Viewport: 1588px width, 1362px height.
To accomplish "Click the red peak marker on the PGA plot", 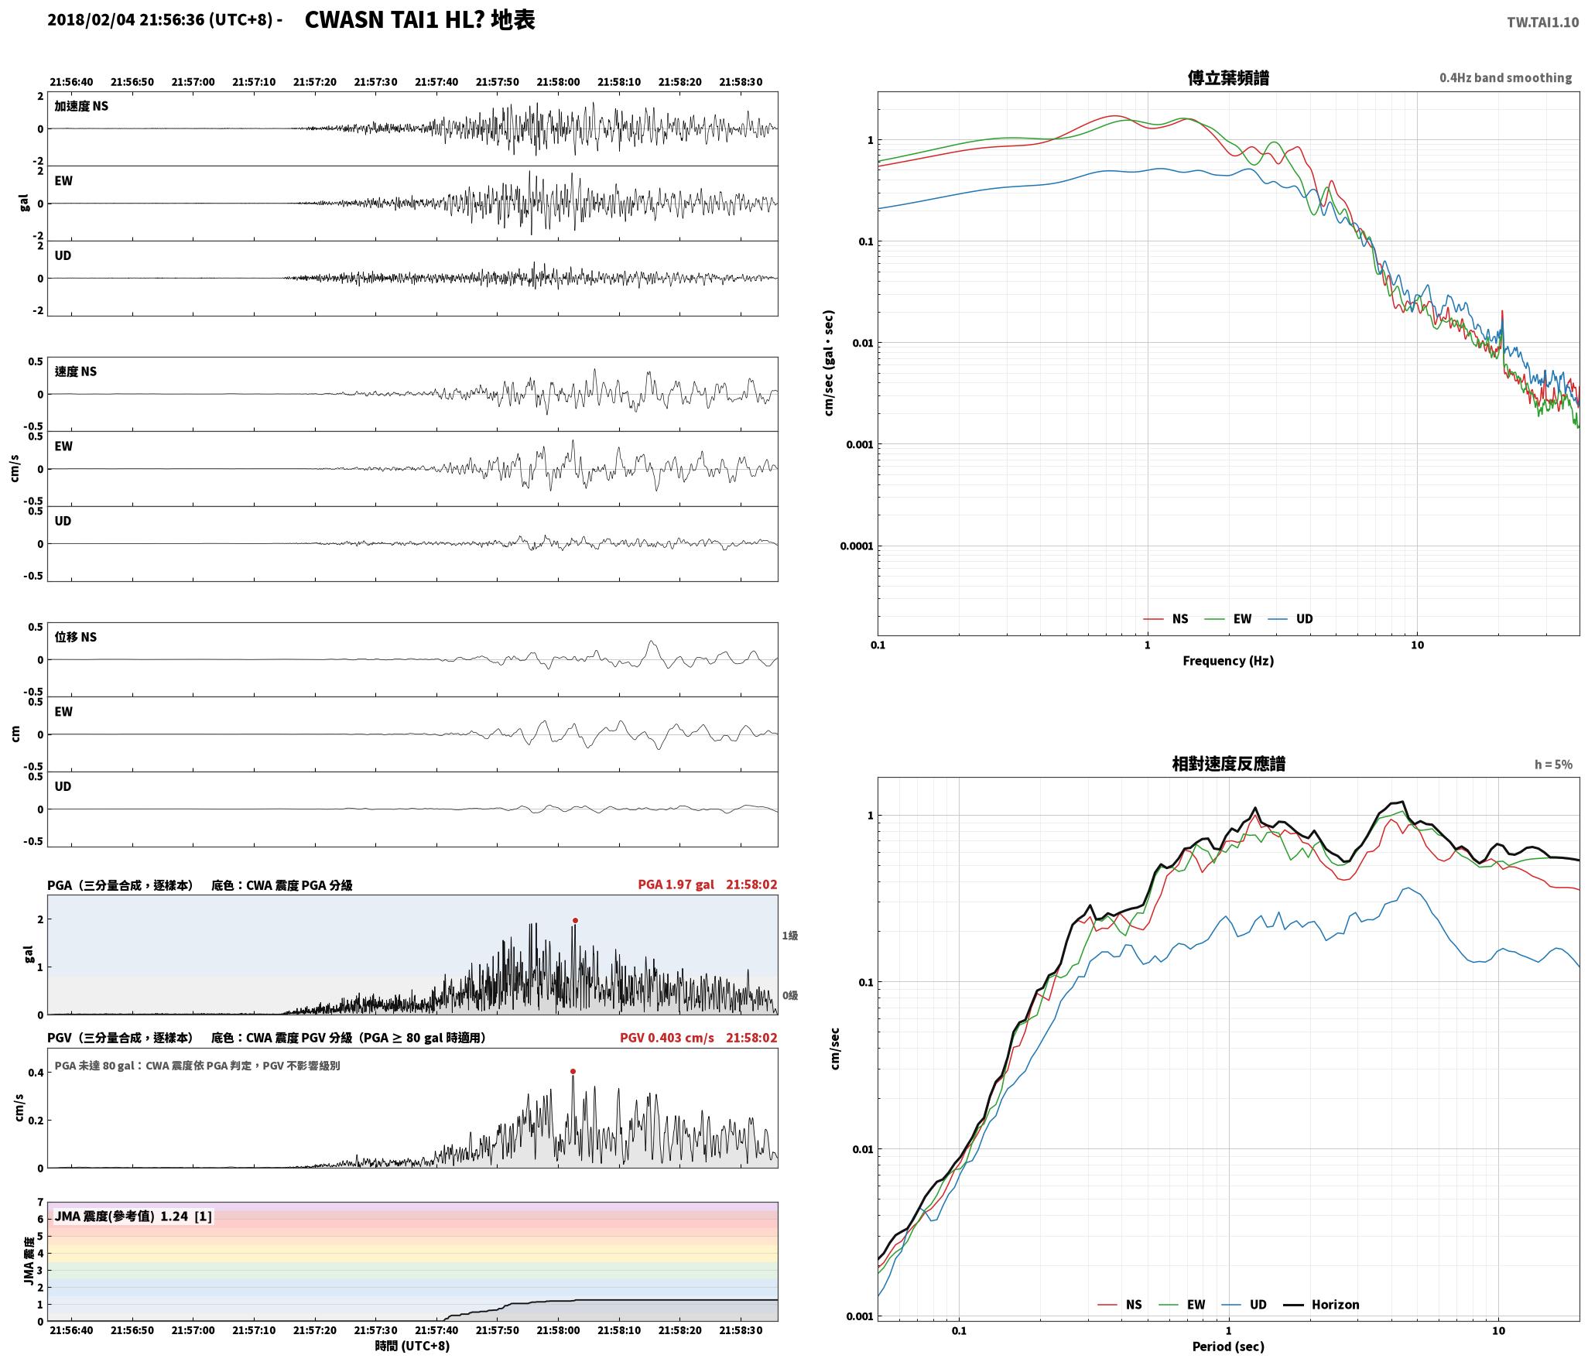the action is [x=575, y=920].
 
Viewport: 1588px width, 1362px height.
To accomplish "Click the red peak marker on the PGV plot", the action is [x=573, y=1072].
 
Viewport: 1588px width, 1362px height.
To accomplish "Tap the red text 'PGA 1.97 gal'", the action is [x=676, y=885].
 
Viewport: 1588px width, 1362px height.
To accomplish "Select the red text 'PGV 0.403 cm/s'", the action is [x=666, y=1038].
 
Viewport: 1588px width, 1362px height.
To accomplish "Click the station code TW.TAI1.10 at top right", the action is [x=1542, y=22].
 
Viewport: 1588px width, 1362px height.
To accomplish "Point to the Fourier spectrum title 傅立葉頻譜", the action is [x=1228, y=78].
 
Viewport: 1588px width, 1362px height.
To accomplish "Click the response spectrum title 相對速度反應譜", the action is [x=1228, y=764].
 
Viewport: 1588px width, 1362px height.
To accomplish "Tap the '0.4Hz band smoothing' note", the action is [x=1505, y=78].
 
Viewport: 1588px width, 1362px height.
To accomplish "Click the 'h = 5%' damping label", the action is [x=1553, y=765].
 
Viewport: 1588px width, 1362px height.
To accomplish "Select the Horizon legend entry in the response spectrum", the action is [x=1322, y=1305].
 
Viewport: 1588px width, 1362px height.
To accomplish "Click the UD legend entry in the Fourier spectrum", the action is [x=1291, y=619].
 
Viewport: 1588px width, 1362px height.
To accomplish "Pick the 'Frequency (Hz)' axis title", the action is [x=1228, y=661].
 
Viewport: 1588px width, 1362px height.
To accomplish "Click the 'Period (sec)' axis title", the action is [x=1228, y=1347].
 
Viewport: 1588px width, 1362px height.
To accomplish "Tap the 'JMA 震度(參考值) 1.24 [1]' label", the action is [x=133, y=1217].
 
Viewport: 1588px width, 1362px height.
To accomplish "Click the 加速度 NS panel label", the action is [x=81, y=107].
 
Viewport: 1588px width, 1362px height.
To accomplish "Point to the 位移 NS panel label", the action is [x=76, y=638].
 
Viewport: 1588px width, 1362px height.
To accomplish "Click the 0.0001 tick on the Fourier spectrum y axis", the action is [x=856, y=546].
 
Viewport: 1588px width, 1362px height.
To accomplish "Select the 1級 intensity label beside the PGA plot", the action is [x=789, y=936].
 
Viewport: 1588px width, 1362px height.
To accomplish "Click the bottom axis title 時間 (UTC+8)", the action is [x=412, y=1346].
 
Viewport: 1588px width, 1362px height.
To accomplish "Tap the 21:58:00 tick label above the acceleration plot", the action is [x=558, y=82].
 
